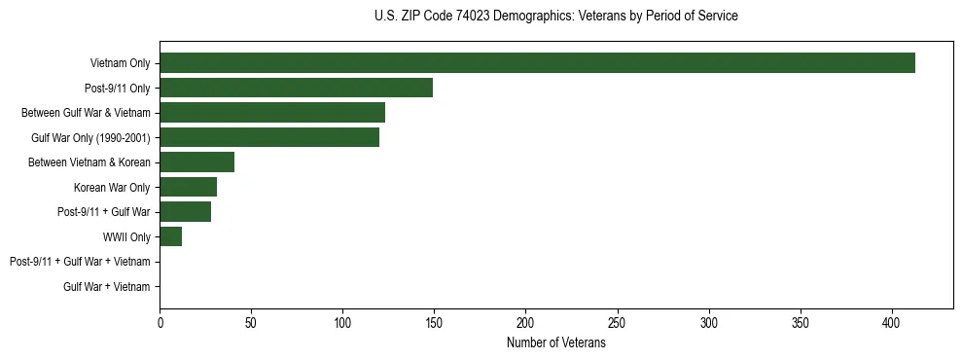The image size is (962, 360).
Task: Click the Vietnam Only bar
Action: (537, 63)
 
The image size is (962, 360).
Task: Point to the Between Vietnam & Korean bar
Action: (196, 162)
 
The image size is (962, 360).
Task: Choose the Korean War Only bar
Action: (188, 187)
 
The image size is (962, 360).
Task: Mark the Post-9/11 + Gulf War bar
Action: (185, 212)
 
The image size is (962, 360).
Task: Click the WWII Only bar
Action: (170, 236)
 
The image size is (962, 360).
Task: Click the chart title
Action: (555, 17)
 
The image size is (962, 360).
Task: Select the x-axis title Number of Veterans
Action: (555, 342)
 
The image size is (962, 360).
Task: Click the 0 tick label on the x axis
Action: (160, 322)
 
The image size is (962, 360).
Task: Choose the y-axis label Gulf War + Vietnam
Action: (106, 287)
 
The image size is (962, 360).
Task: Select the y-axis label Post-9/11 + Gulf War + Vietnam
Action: (80, 262)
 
